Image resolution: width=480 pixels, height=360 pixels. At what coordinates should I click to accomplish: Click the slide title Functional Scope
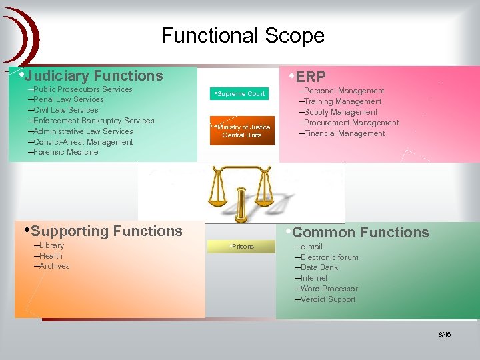tap(243, 35)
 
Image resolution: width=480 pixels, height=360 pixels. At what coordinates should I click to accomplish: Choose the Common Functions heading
tap(360, 233)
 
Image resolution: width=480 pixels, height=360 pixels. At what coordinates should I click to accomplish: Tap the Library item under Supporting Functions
tap(51, 245)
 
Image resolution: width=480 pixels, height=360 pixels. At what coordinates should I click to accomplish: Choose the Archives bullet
tap(54, 266)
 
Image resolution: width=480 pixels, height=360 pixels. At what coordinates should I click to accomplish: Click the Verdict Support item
tap(327, 299)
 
